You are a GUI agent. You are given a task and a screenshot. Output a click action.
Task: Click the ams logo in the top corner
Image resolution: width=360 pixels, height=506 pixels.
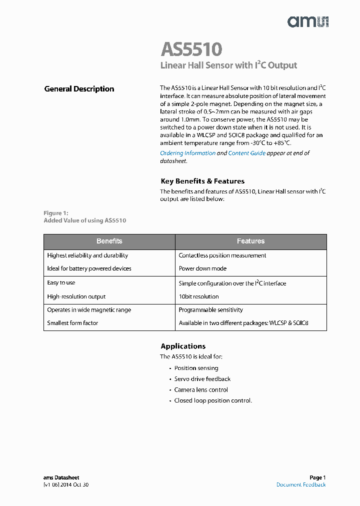click(307, 21)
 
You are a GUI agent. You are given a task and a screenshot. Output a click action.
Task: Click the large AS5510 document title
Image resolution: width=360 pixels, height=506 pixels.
click(191, 49)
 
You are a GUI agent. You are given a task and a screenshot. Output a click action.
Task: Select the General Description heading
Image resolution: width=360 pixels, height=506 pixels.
click(79, 89)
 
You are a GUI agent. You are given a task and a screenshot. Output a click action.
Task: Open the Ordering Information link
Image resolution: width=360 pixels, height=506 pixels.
click(187, 153)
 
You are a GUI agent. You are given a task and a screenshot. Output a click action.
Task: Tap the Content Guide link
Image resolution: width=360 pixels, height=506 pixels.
click(246, 153)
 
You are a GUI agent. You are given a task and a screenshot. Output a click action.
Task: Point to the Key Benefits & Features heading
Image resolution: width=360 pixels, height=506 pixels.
click(202, 181)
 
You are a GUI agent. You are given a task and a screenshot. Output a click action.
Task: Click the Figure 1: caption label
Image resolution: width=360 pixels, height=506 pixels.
click(55, 213)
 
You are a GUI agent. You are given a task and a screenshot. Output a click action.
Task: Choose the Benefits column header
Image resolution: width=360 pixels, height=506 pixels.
click(109, 241)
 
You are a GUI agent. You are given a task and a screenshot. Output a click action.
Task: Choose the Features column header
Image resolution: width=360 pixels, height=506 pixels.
click(250, 241)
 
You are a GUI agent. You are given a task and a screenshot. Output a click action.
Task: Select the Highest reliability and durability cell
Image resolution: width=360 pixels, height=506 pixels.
click(87, 255)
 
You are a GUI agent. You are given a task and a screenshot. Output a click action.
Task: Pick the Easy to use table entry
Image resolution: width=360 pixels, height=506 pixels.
click(61, 282)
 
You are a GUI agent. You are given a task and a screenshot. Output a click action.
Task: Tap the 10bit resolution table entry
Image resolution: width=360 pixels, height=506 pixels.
click(198, 296)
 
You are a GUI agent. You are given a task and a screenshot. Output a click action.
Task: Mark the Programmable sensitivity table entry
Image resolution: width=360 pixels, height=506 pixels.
click(210, 310)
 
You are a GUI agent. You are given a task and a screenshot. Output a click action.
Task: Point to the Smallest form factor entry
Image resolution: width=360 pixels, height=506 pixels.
click(72, 323)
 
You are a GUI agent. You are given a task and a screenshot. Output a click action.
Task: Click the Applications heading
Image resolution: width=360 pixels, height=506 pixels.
click(183, 346)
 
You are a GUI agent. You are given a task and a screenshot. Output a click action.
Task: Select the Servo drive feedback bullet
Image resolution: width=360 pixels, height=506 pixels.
click(202, 379)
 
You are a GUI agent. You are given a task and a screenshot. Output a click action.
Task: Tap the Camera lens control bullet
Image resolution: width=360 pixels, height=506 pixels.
click(200, 390)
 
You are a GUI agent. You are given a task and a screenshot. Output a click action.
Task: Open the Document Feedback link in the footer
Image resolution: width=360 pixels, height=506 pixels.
click(301, 484)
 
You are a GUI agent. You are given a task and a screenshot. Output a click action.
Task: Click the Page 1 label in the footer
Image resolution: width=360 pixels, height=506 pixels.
click(317, 477)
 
